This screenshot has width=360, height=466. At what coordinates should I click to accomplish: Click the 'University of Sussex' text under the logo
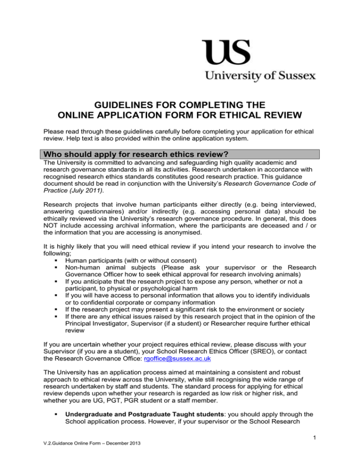[x=259, y=75]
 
